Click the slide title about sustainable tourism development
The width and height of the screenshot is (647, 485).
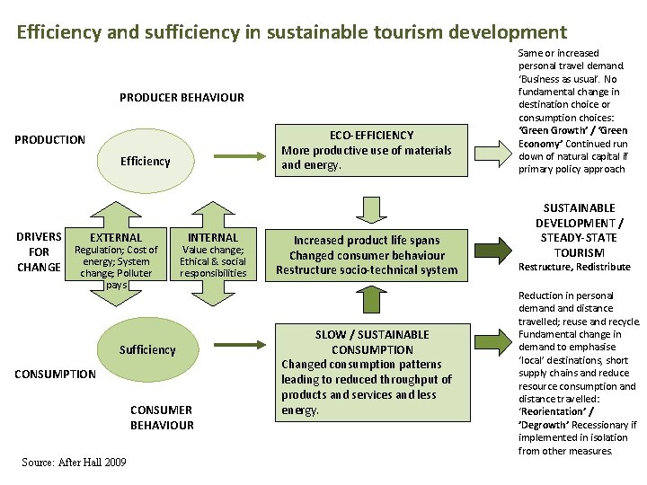click(292, 33)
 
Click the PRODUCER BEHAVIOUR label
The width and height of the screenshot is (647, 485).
click(182, 97)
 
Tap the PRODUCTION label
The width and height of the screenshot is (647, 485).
click(50, 139)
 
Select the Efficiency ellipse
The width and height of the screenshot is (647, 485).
click(145, 161)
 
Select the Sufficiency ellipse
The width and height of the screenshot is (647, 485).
click(147, 349)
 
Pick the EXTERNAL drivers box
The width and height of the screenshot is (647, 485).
click(116, 255)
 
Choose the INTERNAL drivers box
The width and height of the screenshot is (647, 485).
click(212, 255)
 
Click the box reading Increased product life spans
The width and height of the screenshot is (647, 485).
click(367, 255)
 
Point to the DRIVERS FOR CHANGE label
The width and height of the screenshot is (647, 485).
click(39, 251)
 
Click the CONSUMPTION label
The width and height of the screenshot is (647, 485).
click(54, 374)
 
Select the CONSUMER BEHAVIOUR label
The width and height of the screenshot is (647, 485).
click(162, 418)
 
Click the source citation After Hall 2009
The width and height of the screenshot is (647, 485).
click(74, 462)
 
